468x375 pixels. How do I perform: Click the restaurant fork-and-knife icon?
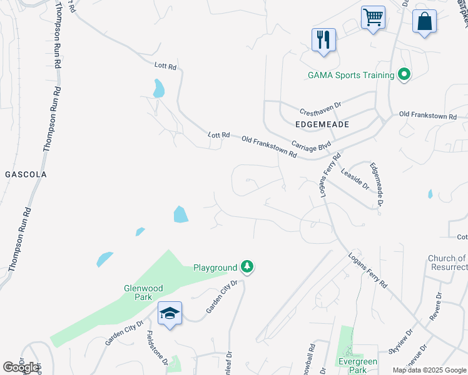click(x=323, y=39)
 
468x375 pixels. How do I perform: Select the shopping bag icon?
click(x=424, y=21)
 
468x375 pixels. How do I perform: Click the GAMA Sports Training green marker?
click(x=404, y=75)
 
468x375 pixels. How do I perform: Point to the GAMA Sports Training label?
click(x=351, y=76)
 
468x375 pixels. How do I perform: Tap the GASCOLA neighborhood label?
click(x=25, y=174)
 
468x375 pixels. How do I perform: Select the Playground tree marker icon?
click(x=248, y=267)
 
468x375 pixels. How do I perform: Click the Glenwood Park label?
click(x=143, y=292)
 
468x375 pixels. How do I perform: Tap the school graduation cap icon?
click(x=170, y=313)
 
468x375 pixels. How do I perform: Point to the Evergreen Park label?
click(x=357, y=366)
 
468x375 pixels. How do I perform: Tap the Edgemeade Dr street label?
click(x=377, y=184)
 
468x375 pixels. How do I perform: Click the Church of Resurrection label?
click(x=447, y=262)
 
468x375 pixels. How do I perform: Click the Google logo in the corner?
click(x=21, y=367)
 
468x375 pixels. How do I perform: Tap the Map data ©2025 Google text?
click(x=429, y=370)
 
